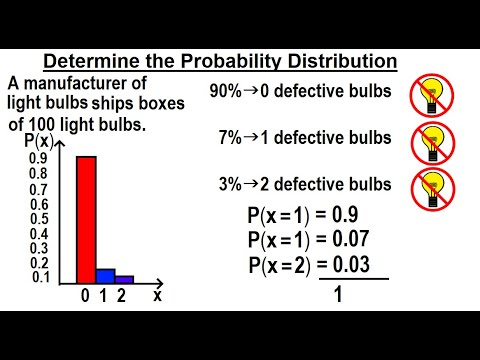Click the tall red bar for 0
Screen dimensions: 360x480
coord(86,220)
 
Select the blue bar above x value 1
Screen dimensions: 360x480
coord(105,276)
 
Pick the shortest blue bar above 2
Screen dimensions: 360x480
coord(124,279)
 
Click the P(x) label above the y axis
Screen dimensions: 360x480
coord(41,142)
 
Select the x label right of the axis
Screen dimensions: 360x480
coord(157,297)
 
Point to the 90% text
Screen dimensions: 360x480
coord(226,90)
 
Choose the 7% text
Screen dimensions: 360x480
coord(230,137)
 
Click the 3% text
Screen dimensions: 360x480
coord(230,183)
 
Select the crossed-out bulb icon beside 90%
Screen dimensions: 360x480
coord(430,95)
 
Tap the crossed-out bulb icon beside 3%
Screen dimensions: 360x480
coord(430,190)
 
